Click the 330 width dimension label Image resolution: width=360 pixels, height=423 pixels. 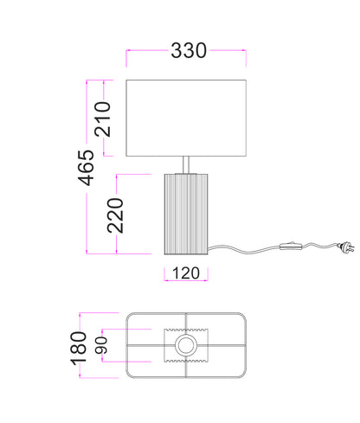[x=189, y=51]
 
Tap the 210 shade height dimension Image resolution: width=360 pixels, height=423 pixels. [x=103, y=119]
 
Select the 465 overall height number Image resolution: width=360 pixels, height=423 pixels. [x=86, y=168]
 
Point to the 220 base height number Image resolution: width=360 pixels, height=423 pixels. [x=115, y=215]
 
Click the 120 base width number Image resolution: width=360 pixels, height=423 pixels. [x=186, y=273]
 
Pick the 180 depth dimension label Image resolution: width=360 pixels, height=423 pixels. [x=79, y=348]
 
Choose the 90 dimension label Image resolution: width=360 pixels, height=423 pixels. [x=101, y=345]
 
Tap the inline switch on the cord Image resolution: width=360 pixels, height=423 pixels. [x=291, y=247]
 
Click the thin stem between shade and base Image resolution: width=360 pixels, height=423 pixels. [x=186, y=164]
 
